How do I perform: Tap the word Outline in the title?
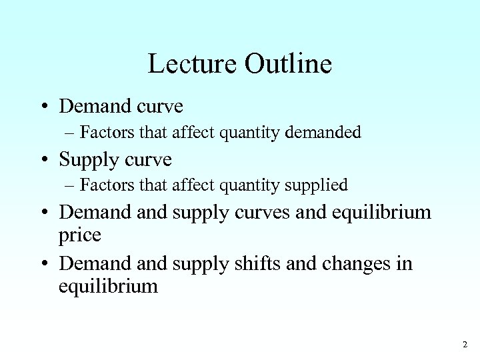pyautogui.click(x=288, y=65)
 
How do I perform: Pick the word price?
pyautogui.click(x=80, y=235)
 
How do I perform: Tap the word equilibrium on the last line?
pyautogui.click(x=109, y=287)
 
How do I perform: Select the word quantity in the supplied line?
pyautogui.click(x=254, y=185)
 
